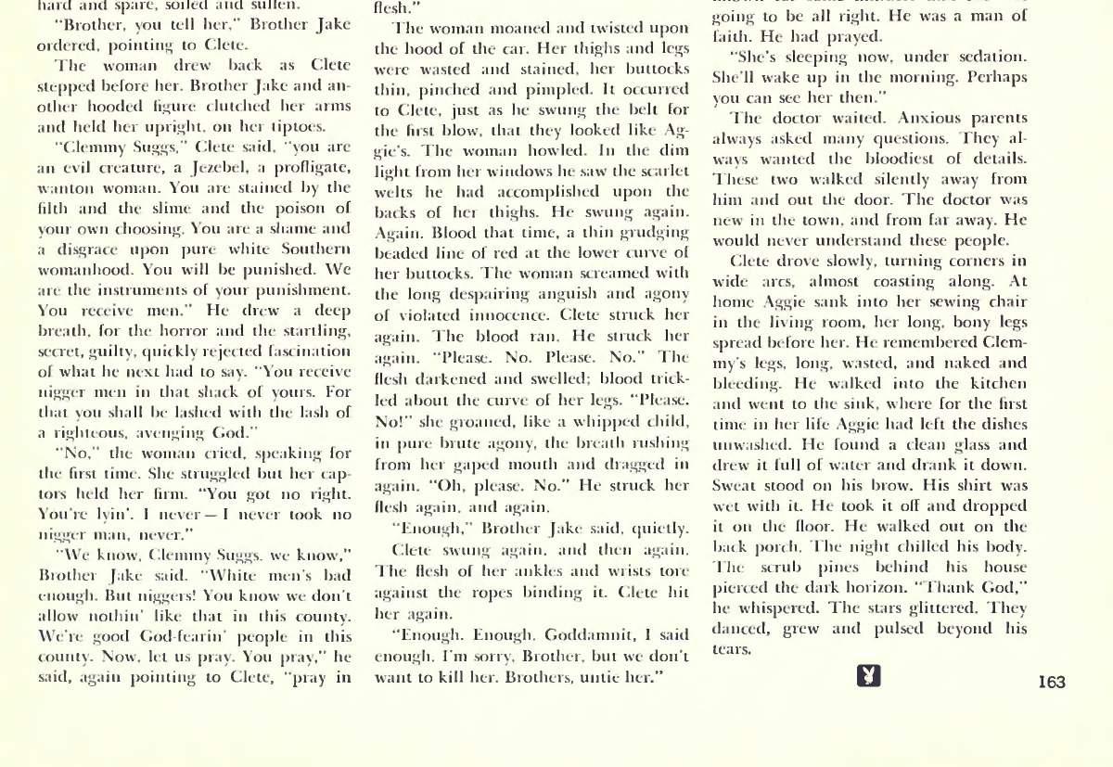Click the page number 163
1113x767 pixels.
click(1052, 683)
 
